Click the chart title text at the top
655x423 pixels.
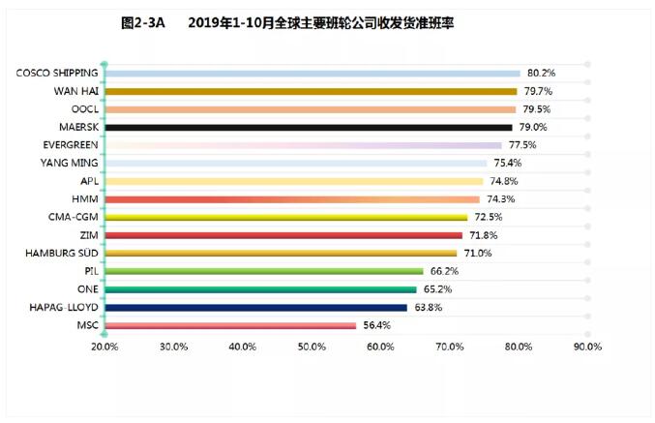tap(319, 22)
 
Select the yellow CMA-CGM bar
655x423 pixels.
tap(285, 217)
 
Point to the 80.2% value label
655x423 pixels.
tap(541, 73)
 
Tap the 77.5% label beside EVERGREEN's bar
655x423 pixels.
tap(521, 144)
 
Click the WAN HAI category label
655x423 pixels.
tap(74, 91)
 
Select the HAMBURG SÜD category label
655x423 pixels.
tap(58, 253)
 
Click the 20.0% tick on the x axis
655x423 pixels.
tap(104, 347)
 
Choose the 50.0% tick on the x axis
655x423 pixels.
tap(312, 347)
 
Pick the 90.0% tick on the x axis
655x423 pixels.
tap(587, 347)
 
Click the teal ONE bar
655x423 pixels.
tap(260, 289)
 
